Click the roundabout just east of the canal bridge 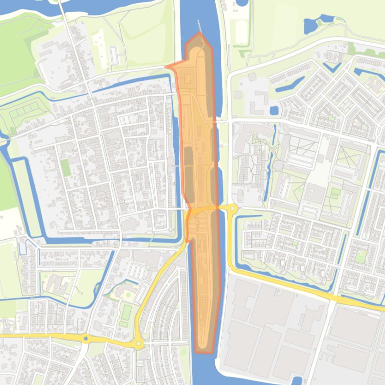(232, 207)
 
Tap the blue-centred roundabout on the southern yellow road (86, 338)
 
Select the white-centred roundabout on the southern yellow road (138, 343)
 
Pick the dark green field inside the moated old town (66, 167)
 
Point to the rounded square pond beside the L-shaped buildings (274, 110)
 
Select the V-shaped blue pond (331, 68)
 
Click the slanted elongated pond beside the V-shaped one (290, 83)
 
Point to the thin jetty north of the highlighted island (200, 25)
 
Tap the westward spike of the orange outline (167, 66)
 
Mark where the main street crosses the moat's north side (88, 90)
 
